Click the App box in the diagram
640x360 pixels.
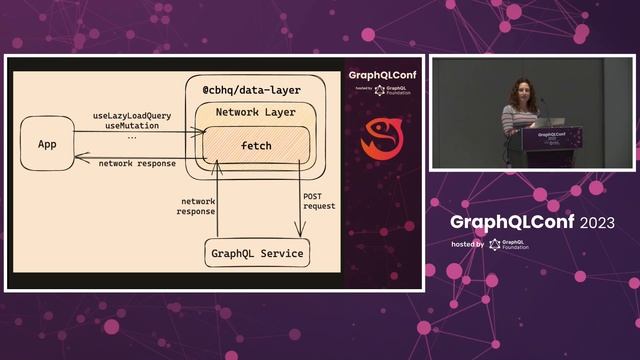[x=47, y=144]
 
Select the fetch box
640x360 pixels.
[x=256, y=146]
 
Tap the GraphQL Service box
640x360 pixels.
[x=257, y=253]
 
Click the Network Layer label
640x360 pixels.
[x=255, y=112]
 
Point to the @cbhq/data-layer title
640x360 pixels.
[x=251, y=90]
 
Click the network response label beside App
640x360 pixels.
[x=137, y=163]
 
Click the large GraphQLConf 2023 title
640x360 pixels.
[x=517, y=221]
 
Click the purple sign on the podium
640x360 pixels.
[x=552, y=137]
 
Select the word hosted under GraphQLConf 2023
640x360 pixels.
[x=467, y=244]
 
